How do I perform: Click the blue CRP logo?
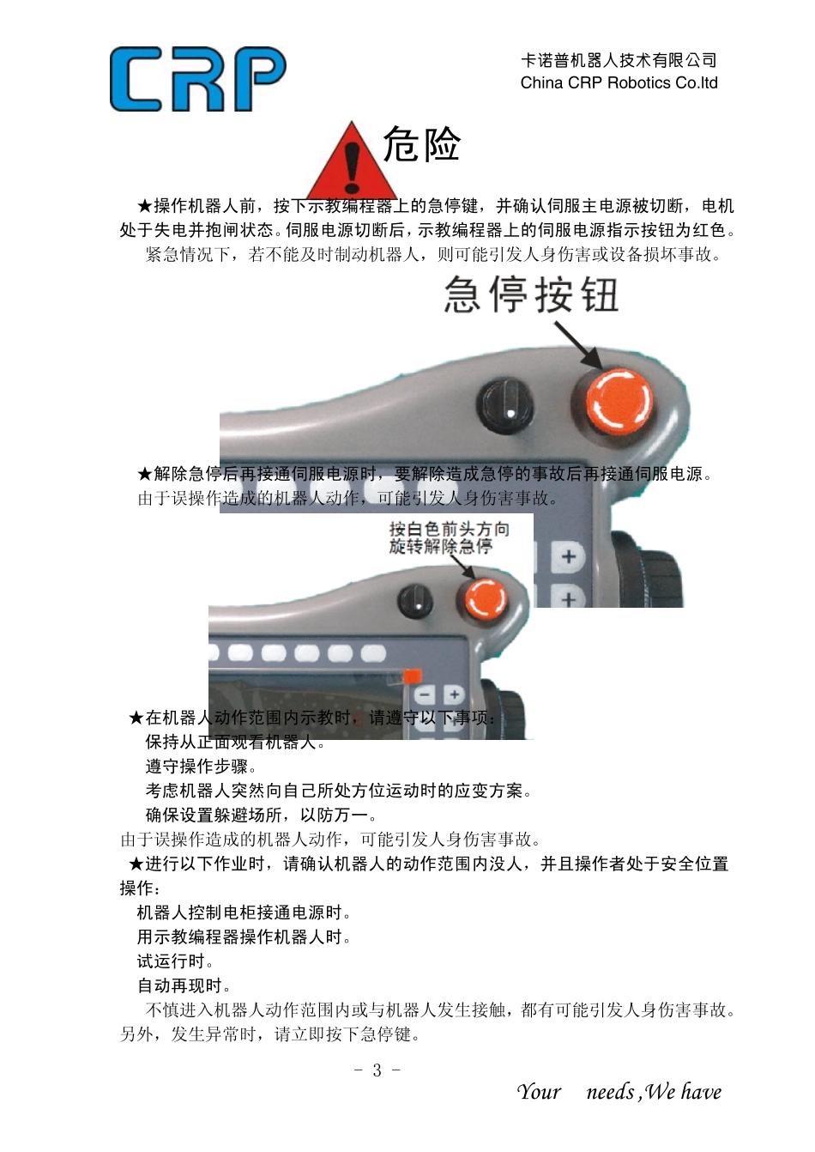click(197, 79)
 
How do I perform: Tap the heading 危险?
click(421, 144)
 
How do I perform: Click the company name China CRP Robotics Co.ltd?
click(619, 83)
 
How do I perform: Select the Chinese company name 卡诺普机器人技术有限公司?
click(619, 60)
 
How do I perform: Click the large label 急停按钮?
click(532, 295)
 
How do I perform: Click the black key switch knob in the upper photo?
click(505, 404)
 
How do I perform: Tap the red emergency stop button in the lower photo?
click(485, 598)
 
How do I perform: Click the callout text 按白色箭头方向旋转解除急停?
click(449, 537)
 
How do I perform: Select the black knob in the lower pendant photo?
click(416, 599)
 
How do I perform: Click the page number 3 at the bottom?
click(377, 1070)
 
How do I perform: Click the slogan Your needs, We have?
click(619, 1092)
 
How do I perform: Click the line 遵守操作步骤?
click(201, 766)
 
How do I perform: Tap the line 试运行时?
click(176, 961)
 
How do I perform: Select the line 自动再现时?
click(184, 985)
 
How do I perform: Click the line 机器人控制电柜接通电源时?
click(244, 913)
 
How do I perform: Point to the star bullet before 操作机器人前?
click(144, 206)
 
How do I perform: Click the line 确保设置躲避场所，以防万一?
click(262, 815)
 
